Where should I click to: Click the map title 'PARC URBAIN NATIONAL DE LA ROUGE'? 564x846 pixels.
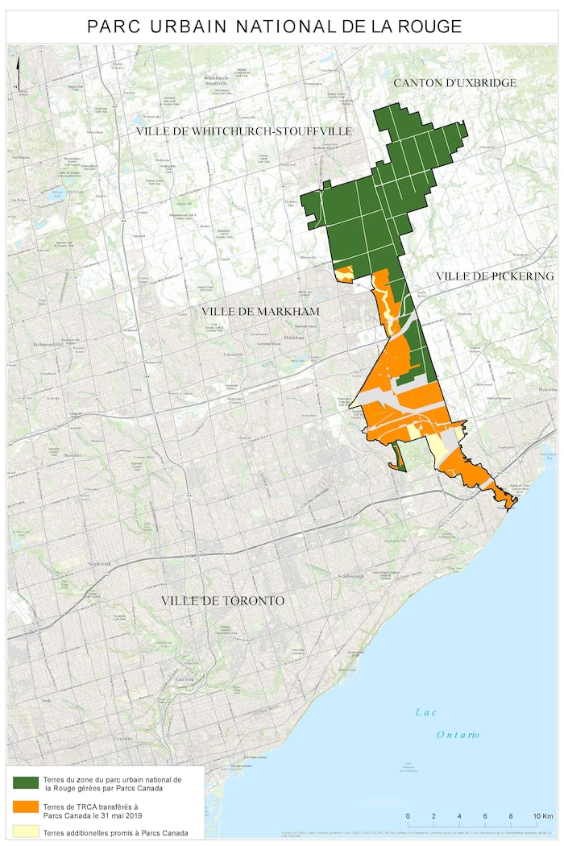(x=275, y=27)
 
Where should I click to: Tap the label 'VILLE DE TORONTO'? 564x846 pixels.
(x=222, y=601)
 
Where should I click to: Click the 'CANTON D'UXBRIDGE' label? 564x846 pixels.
(x=454, y=83)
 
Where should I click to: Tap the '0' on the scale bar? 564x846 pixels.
(x=408, y=816)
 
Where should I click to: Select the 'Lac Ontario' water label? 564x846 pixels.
(x=447, y=723)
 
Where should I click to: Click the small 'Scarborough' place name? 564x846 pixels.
(x=350, y=577)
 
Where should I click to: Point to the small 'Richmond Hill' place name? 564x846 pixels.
(x=47, y=345)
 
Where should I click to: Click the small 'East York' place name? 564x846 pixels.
(x=185, y=681)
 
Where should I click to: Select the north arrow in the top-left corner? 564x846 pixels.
(x=15, y=82)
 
